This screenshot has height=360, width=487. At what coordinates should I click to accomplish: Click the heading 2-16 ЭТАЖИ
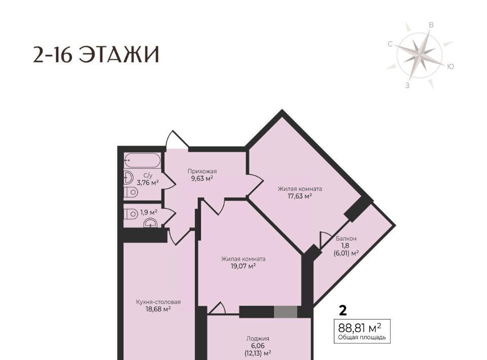(96, 55)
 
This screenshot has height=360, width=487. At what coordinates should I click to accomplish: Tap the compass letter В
(431, 25)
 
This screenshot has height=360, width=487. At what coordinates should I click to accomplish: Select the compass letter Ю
(450, 66)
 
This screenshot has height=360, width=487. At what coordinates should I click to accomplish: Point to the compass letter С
(391, 44)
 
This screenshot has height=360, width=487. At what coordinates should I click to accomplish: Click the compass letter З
(407, 85)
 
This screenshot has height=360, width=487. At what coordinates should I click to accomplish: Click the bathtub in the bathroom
(142, 160)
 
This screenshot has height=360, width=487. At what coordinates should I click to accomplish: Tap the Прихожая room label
(202, 171)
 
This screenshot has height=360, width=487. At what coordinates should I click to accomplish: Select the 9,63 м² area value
(202, 178)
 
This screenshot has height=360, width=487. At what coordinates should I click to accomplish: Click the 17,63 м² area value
(299, 196)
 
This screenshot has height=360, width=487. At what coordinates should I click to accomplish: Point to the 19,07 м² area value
(243, 266)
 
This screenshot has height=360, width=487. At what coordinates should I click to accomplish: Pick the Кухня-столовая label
(158, 302)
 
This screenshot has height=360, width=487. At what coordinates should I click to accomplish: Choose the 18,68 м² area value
(158, 309)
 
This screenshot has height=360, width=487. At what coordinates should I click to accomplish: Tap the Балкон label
(346, 239)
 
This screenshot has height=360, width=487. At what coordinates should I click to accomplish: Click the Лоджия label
(258, 339)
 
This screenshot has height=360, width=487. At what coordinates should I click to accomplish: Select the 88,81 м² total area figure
(360, 328)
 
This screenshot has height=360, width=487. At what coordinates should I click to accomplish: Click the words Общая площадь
(362, 337)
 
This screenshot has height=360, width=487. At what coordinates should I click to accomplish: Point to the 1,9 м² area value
(149, 212)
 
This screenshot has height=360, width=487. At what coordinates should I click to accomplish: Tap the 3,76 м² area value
(148, 183)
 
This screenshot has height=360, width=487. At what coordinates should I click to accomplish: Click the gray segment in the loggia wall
(286, 312)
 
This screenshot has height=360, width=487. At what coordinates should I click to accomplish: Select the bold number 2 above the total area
(342, 310)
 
